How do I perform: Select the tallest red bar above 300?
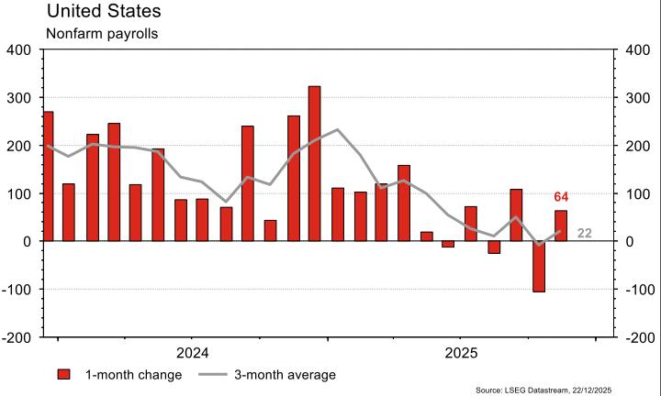(x=314, y=163)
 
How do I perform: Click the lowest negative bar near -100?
(x=539, y=266)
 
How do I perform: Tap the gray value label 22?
(x=584, y=234)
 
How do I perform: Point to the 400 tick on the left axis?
(x=18, y=50)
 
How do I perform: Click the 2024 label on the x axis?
(x=193, y=353)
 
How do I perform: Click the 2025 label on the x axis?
(x=462, y=353)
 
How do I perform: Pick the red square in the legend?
(x=64, y=375)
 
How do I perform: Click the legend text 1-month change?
(x=133, y=375)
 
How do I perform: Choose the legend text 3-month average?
(x=285, y=375)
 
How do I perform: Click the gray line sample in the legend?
(x=212, y=375)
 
